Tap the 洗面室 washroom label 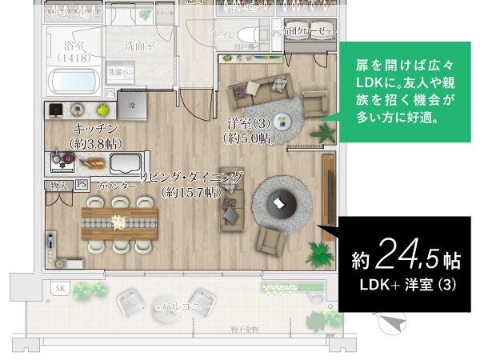pos(140,47)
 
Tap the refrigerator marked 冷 pos(132,104)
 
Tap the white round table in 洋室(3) pos(282,122)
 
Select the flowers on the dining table pos(119,222)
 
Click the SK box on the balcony pos(59,288)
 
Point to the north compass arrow pos(391,322)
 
